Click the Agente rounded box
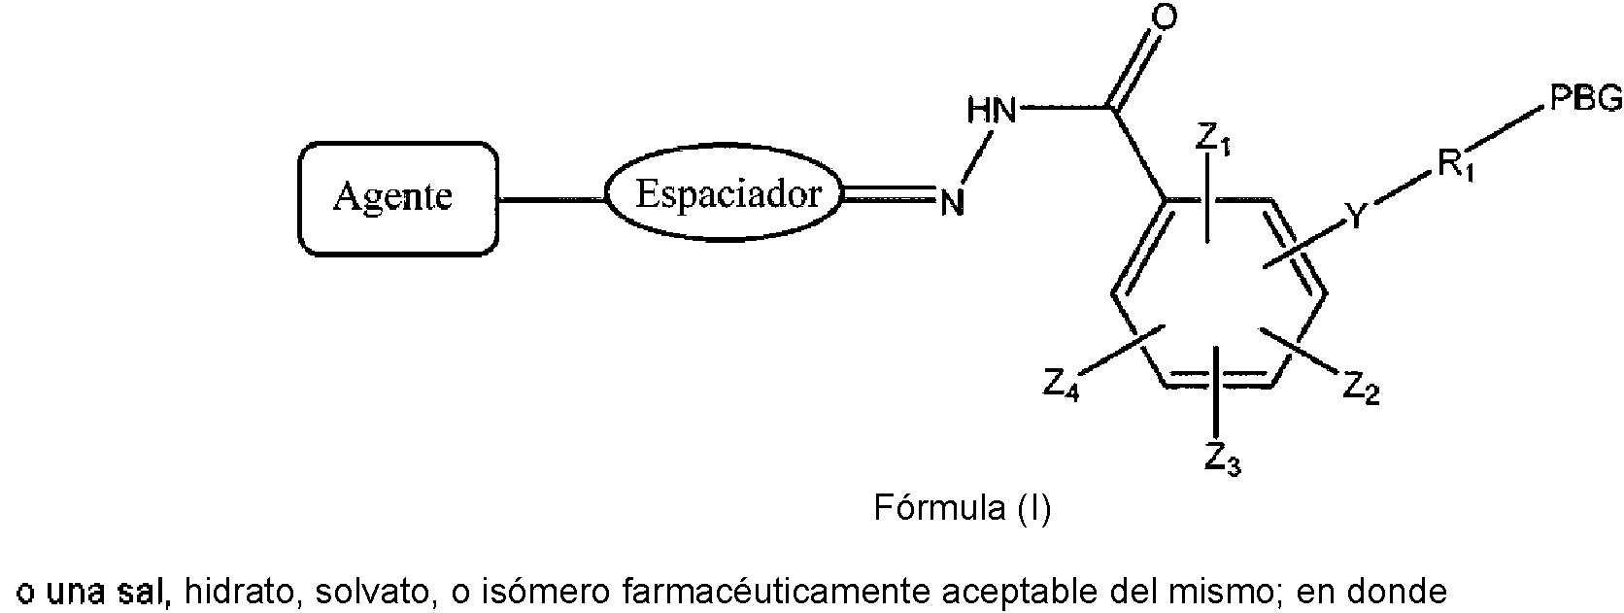[x=392, y=198]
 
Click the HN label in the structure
[x=991, y=112]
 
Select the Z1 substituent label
[x=1213, y=139]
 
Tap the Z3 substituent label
[x=1222, y=457]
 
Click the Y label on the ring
[x=1357, y=217]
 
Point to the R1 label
[x=1454, y=167]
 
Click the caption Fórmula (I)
[x=963, y=508]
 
